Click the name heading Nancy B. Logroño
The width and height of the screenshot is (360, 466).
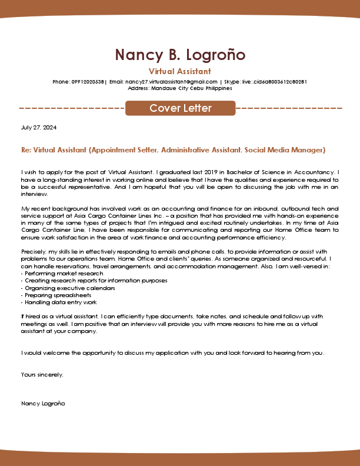pyautogui.click(x=180, y=55)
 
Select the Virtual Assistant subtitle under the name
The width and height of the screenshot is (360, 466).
pyautogui.click(x=180, y=71)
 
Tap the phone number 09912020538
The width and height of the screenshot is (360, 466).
pyautogui.click(x=88, y=82)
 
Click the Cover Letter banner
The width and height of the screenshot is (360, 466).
pyautogui.click(x=180, y=108)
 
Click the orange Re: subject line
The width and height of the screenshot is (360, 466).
pyautogui.click(x=173, y=150)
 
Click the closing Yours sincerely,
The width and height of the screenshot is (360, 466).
pyautogui.click(x=42, y=374)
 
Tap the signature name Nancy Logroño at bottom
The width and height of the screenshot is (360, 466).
pyautogui.click(x=43, y=404)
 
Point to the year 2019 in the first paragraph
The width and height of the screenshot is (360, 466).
pyautogui.click(x=195, y=172)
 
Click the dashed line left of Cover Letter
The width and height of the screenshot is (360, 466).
pyautogui.click(x=72, y=108)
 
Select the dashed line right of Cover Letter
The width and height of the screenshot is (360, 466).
pyautogui.click(x=289, y=108)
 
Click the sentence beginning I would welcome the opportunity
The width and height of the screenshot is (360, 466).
pyautogui.click(x=172, y=353)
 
